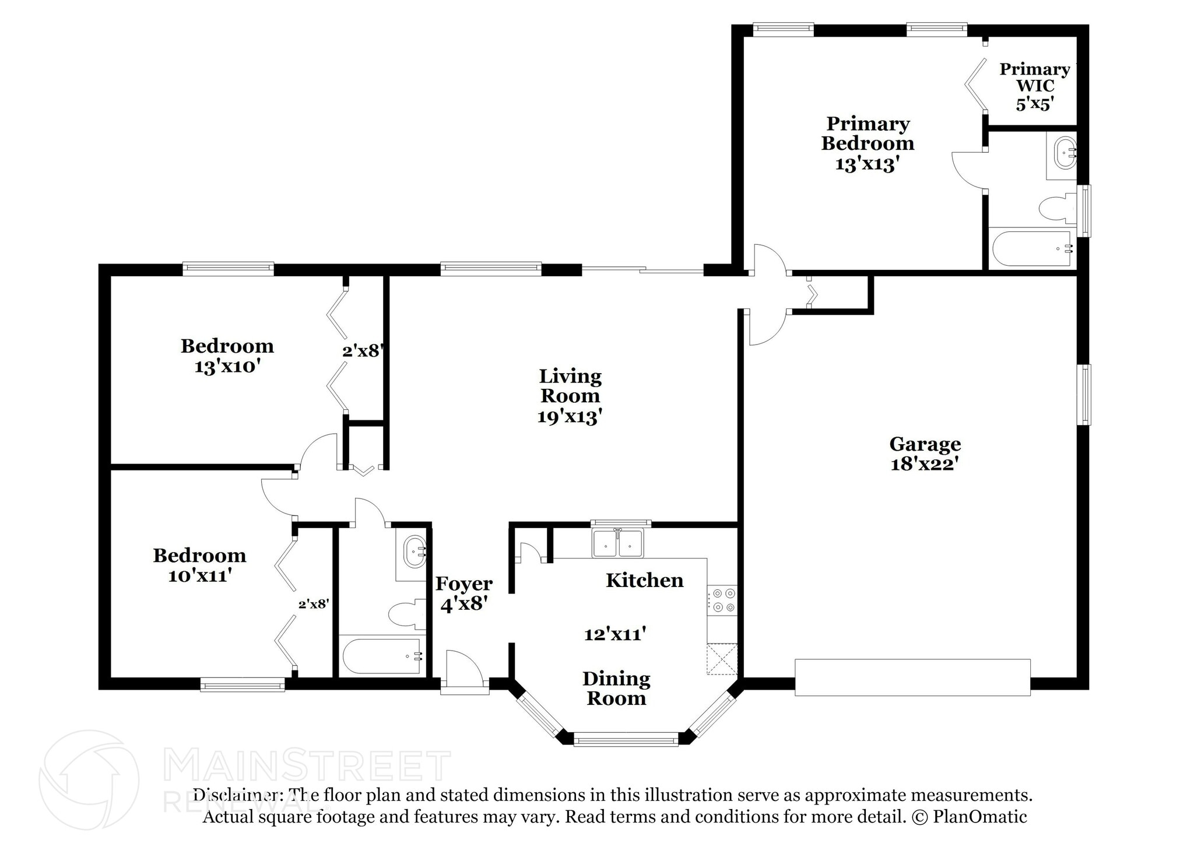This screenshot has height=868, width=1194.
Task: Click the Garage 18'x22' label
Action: pos(925,454)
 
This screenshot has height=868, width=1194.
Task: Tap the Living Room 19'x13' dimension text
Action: pos(570,416)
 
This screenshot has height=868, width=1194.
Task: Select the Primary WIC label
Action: pos(1035,78)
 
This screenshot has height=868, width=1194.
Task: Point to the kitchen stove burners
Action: pos(722,600)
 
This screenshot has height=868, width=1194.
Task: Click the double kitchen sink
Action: pos(618,543)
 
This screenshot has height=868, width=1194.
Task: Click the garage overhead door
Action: pos(912,677)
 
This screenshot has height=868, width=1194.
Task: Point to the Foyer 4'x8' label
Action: pos(464,594)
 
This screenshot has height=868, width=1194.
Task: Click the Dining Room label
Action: pos(616,688)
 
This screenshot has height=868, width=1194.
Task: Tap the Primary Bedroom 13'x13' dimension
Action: pos(865,164)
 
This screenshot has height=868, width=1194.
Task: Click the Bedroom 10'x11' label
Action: pos(199,565)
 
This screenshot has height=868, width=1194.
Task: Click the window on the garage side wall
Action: pos(1084,395)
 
